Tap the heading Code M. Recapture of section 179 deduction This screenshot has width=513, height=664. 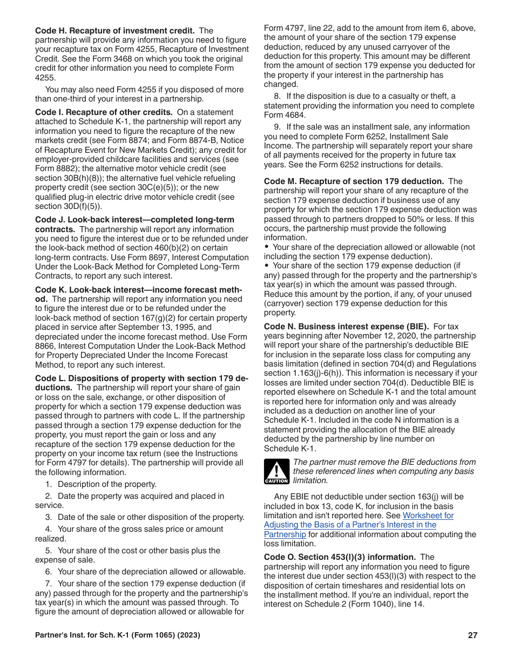pos(354,181)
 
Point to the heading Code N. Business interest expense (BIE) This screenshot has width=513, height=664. pos(346,327)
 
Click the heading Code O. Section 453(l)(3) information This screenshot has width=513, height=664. pos(340,557)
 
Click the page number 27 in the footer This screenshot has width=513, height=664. pos(473,635)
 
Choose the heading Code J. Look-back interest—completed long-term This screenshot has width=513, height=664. pos(134,220)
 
